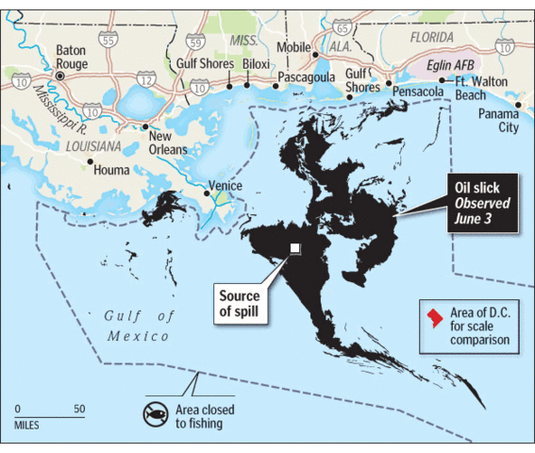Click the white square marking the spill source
tap(295, 248)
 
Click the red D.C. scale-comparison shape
tap(435, 316)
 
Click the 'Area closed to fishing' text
tap(205, 416)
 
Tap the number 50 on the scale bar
tap(78, 409)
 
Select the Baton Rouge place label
tap(72, 57)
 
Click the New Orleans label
tap(168, 143)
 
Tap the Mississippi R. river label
tap(60, 97)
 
